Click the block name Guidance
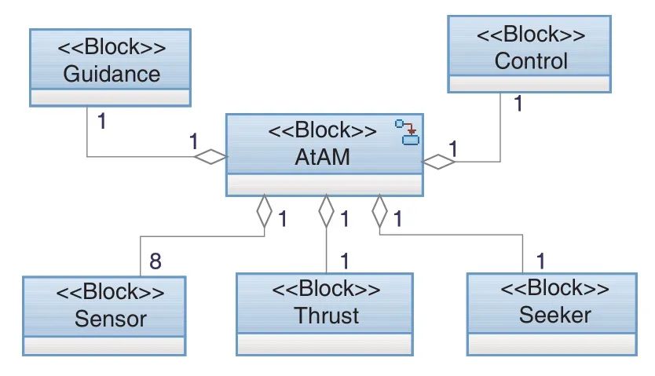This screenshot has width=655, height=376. pos(112,74)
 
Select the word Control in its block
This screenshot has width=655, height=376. pos(531,61)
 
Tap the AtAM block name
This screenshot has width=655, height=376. pos(323,157)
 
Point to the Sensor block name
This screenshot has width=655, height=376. pos(111,319)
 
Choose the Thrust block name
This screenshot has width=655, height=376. pos(326,316)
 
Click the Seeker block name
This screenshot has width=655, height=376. pos(555,315)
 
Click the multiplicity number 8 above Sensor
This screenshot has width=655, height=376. pos(156,261)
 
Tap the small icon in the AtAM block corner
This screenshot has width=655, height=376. pos(408,133)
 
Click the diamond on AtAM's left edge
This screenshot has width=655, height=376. pos(211,157)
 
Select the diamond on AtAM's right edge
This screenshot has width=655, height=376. pos(438,162)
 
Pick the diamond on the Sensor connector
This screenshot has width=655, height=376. pos(264,210)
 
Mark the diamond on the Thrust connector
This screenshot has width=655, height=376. pos(326,210)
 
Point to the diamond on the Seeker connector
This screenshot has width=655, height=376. pos(379,210)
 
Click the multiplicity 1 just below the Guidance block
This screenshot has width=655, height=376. pos(101,122)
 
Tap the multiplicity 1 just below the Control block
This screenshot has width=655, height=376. pos(518,104)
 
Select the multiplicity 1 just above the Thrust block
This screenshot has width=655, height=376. pos(344,261)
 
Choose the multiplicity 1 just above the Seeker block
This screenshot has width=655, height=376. pos(540,261)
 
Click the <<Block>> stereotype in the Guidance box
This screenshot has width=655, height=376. pos(112,47)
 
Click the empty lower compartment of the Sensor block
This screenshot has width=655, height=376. pos(104,346)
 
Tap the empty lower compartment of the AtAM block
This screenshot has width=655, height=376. pos(324,184)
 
